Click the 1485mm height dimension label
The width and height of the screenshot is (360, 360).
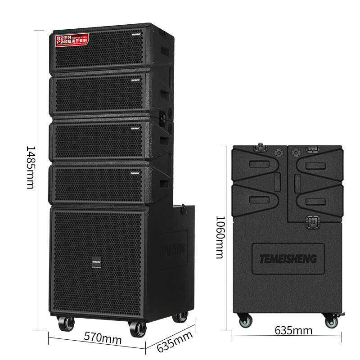coord(30,167)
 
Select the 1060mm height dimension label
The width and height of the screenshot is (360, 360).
coord(219,238)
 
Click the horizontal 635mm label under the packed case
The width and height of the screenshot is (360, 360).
coord(293,330)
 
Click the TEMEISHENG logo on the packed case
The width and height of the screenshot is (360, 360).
coord(288,259)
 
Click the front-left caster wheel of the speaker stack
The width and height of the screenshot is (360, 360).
coord(65,324)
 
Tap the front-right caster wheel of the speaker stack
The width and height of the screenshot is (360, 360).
coord(137,328)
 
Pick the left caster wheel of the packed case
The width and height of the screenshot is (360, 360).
coord(245,321)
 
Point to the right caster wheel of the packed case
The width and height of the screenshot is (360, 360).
coord(332,321)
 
